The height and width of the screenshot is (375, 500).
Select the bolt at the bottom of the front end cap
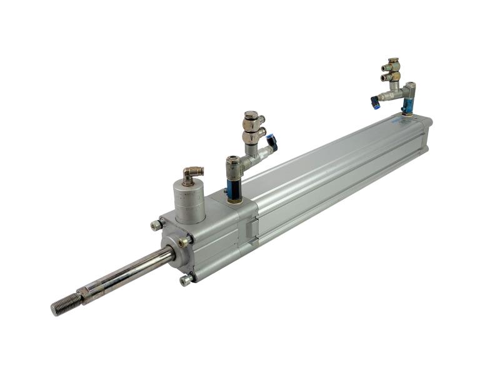coord(186,281)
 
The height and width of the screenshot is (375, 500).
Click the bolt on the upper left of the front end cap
coord(156,225)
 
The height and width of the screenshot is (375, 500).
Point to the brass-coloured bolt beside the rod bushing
coord(184,241)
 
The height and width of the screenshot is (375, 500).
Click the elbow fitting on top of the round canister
coord(191,174)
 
